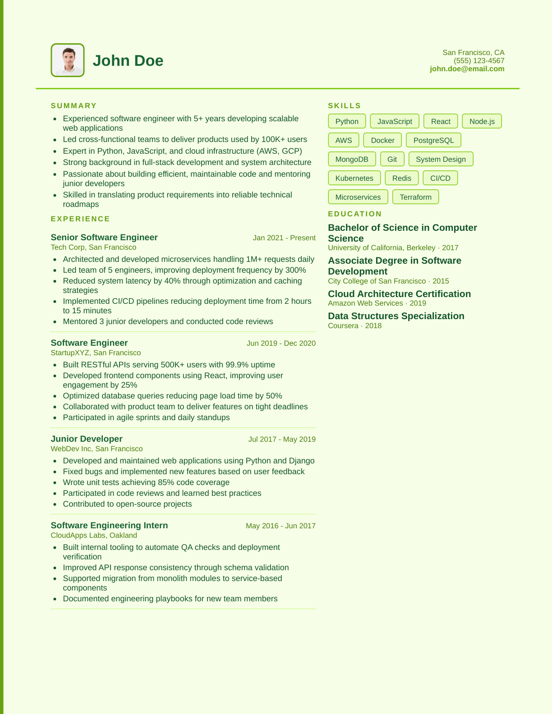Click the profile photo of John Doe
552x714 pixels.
coord(68,60)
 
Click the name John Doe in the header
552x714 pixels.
coord(128,61)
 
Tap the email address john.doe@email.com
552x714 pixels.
coord(467,69)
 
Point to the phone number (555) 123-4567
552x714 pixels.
coord(479,61)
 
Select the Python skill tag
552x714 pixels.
coord(347,121)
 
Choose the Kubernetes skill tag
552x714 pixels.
coord(354,178)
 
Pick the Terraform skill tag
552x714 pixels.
coord(415,197)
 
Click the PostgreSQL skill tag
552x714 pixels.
coord(433,140)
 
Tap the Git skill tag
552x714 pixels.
coord(392,159)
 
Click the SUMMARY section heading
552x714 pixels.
coord(74,106)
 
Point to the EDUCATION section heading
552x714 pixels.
coord(355,214)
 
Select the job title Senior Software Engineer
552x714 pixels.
coord(104,238)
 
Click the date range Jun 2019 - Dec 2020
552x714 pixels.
coord(281,343)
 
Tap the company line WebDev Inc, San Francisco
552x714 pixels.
coord(97,449)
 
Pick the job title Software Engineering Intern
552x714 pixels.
coord(109,526)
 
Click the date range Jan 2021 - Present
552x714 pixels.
coord(284,238)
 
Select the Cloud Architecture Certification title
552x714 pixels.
coord(399,294)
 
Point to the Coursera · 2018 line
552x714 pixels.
coord(354,326)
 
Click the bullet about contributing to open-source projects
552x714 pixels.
coord(127,504)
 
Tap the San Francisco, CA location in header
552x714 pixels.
coord(473,53)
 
